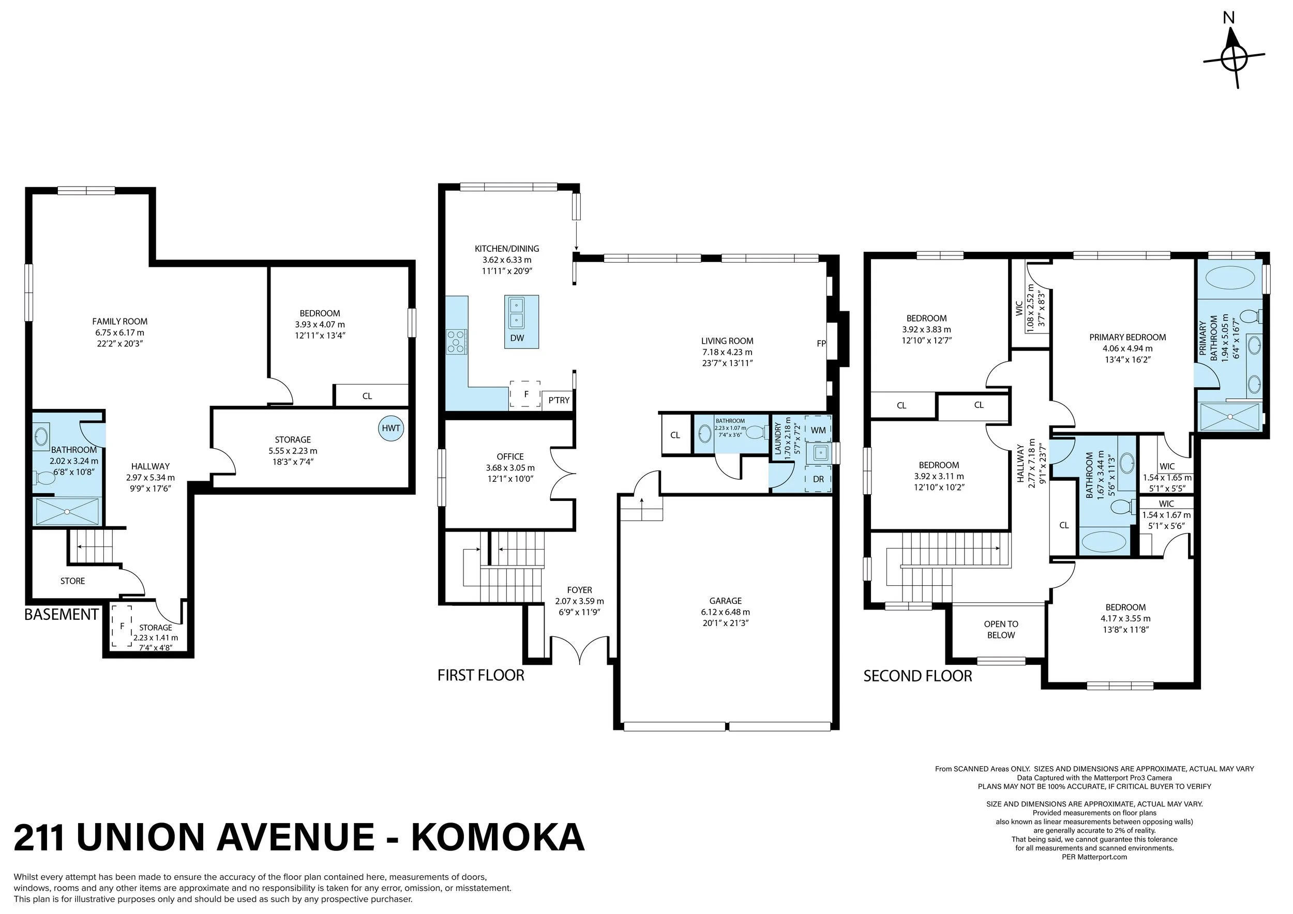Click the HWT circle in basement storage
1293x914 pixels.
(391, 428)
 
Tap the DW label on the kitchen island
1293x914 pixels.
(517, 338)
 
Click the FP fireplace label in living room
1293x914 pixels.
(821, 343)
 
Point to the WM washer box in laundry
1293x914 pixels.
(818, 431)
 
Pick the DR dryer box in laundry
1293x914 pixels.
(818, 479)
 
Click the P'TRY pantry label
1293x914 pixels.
(559, 400)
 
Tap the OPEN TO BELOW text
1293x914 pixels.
(1001, 629)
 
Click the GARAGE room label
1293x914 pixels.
(725, 601)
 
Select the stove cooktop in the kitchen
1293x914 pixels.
(457, 342)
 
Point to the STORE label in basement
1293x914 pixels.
(72, 581)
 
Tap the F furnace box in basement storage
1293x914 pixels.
(122, 626)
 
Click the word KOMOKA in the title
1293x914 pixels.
(498, 838)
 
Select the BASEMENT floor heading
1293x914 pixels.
(62, 615)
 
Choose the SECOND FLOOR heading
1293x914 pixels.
(918, 676)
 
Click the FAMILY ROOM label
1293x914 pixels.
(119, 322)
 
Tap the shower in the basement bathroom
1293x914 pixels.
(67, 511)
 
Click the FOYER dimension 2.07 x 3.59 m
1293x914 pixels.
(579, 601)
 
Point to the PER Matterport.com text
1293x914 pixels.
(1094, 857)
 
